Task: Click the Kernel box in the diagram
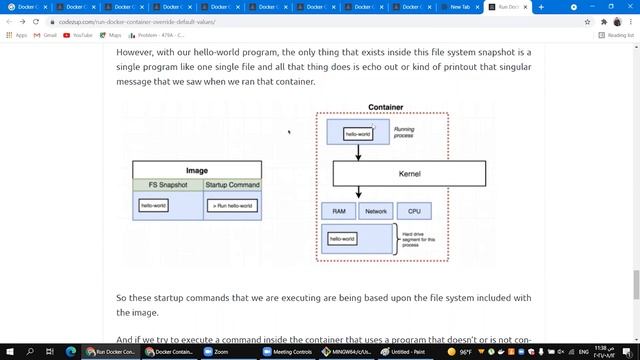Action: point(409,173)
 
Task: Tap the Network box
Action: point(375,211)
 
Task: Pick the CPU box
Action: point(413,211)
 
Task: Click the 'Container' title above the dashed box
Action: point(385,107)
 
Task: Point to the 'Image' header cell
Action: point(197,171)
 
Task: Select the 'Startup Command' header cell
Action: point(232,185)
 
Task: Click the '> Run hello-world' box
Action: point(232,206)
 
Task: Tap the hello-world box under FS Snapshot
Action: point(154,206)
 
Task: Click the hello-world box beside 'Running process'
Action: point(358,132)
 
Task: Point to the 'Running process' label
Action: point(403,132)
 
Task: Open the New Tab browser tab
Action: point(460,7)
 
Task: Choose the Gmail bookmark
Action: point(46,35)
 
